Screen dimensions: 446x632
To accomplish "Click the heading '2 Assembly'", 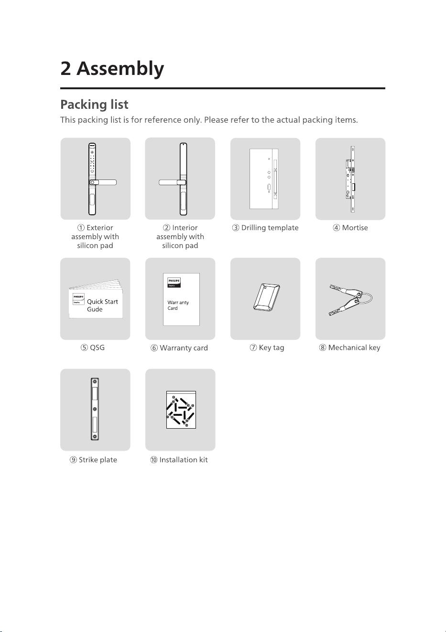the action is click(x=112, y=69).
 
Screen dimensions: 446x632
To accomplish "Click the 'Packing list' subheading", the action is click(x=94, y=105).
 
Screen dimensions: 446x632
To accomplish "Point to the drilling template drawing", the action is click(x=264, y=179).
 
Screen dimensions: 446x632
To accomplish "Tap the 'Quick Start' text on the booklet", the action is click(x=102, y=302).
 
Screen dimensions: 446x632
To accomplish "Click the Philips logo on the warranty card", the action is click(x=174, y=283).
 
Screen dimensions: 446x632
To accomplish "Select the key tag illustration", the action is click(x=267, y=297).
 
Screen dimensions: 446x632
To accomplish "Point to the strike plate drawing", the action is click(x=95, y=409).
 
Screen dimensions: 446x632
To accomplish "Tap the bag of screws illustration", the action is click(x=181, y=410).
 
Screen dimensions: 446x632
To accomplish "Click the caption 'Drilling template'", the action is click(x=270, y=228).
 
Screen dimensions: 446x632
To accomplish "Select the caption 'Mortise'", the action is click(x=355, y=228).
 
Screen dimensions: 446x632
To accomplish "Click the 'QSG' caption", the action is click(x=97, y=348).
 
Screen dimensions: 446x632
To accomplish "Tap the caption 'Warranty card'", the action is click(x=184, y=348).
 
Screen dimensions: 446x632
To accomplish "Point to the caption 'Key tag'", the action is click(x=272, y=348).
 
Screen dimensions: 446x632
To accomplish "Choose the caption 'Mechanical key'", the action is click(x=354, y=348).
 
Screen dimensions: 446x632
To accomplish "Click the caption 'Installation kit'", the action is click(x=184, y=460).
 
